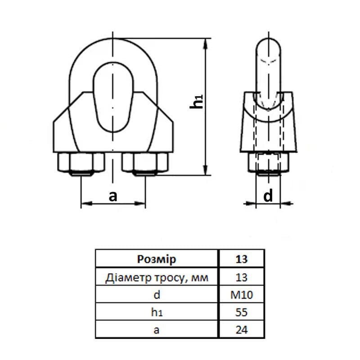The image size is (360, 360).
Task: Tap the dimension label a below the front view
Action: pos(113,196)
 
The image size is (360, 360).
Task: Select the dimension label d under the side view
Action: pos(268,196)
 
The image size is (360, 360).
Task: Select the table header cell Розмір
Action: pos(156,260)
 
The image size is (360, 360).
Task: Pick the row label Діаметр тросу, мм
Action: pos(156,278)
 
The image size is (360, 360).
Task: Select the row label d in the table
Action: pos(156,295)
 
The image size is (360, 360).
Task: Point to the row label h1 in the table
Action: pos(156,312)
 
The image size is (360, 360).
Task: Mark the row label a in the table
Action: pos(156,329)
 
